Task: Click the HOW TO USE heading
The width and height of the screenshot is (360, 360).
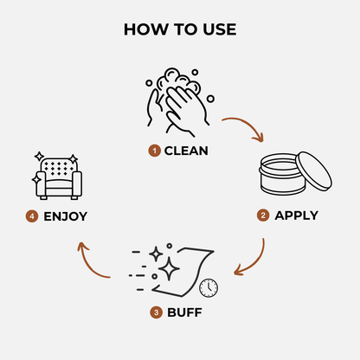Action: [x=179, y=29]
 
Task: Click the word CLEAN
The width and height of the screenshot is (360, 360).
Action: [x=186, y=151]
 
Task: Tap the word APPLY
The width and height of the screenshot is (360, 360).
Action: [x=296, y=215]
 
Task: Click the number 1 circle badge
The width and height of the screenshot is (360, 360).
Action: [x=154, y=151]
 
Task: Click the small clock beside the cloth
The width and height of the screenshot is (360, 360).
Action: [x=208, y=287]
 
